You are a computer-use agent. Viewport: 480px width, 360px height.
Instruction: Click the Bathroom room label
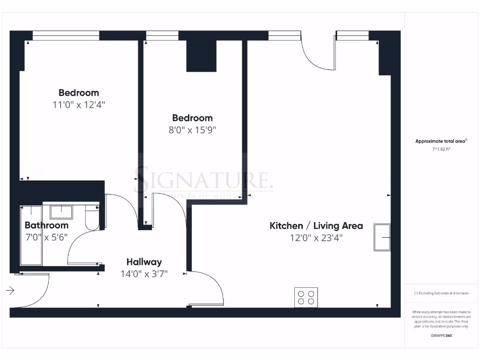[46, 225]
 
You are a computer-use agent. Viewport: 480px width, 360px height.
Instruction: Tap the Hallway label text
[144, 262]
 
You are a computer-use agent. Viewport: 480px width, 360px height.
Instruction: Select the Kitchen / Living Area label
[316, 226]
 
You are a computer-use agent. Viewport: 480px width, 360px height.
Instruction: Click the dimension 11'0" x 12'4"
[79, 105]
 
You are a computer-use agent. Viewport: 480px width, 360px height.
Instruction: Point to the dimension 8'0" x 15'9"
[192, 130]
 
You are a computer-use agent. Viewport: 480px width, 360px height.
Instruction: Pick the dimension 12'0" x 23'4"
[316, 238]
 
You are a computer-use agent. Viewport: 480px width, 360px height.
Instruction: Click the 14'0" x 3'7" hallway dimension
[144, 274]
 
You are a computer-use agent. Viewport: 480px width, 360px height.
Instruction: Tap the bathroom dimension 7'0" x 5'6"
[46, 237]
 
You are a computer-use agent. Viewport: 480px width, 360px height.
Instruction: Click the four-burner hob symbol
[306, 297]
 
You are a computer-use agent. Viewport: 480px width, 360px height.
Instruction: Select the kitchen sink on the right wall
[382, 237]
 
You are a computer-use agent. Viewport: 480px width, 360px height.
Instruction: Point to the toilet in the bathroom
[92, 219]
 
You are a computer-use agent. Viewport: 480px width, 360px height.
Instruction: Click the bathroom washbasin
[61, 211]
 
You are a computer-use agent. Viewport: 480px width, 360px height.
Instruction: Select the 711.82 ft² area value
[441, 150]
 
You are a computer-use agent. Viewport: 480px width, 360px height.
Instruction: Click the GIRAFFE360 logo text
[441, 336]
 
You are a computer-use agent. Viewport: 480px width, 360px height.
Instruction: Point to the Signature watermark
[204, 180]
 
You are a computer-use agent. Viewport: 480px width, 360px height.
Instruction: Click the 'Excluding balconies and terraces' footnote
[441, 293]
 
